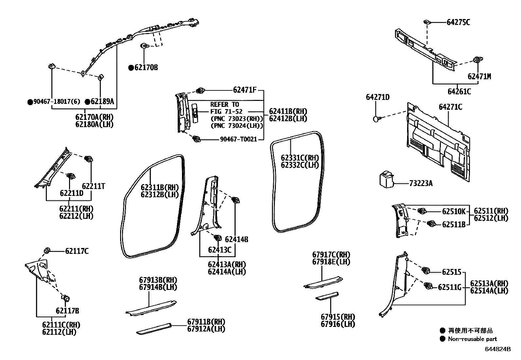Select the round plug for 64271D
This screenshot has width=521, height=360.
point(376,119)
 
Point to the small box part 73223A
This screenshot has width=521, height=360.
point(387,180)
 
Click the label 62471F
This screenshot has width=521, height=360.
point(244,89)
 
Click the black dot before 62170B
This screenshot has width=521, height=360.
point(131,68)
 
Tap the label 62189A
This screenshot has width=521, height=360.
point(102,102)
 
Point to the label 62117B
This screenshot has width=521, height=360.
point(67,311)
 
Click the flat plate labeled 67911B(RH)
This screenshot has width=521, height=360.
point(154,328)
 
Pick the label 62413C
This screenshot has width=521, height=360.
point(220,250)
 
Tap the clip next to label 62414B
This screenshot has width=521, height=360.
point(235,200)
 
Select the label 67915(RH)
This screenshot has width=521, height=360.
point(338,317)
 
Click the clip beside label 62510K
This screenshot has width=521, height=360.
point(422,211)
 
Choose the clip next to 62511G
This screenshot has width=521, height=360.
point(428,286)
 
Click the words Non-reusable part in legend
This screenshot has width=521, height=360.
point(472,339)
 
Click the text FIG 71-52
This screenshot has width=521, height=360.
point(226,111)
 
